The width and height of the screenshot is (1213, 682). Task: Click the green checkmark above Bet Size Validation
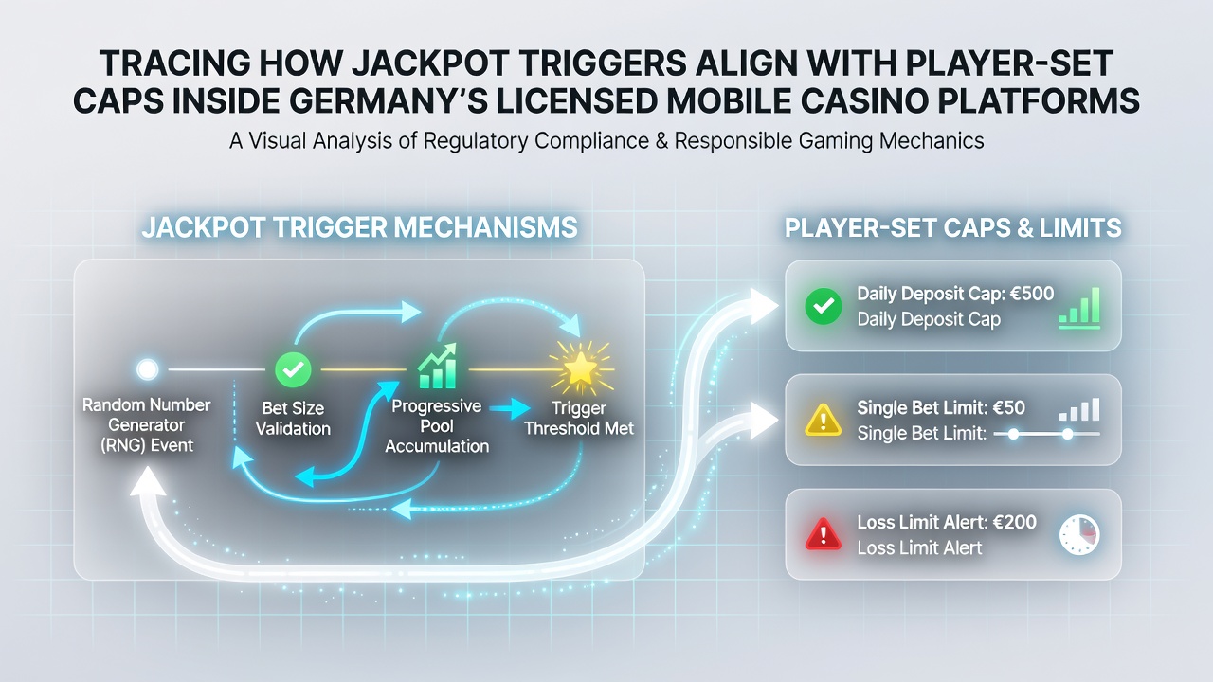point(293,369)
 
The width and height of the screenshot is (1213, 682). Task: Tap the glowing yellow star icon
point(580,369)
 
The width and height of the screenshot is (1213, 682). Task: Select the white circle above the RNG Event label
point(147,369)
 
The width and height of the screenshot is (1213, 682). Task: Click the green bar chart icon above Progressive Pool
point(438,367)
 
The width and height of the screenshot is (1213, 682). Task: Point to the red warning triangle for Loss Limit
point(824,534)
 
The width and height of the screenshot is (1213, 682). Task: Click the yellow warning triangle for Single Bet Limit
point(824,420)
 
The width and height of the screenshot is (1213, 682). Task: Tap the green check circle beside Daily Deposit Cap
point(824,306)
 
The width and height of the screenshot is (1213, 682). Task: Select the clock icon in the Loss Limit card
point(1079,534)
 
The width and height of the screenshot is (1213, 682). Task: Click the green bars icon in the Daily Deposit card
point(1079,308)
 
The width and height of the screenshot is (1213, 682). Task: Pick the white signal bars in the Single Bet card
point(1079,410)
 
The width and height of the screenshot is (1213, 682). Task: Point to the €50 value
point(1009,407)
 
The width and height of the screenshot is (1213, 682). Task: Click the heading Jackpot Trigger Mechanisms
point(359,227)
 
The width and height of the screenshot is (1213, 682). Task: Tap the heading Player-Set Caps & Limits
point(953,227)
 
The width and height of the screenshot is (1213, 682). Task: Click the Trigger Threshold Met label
point(579,419)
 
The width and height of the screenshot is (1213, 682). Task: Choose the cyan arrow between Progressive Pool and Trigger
point(510,408)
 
